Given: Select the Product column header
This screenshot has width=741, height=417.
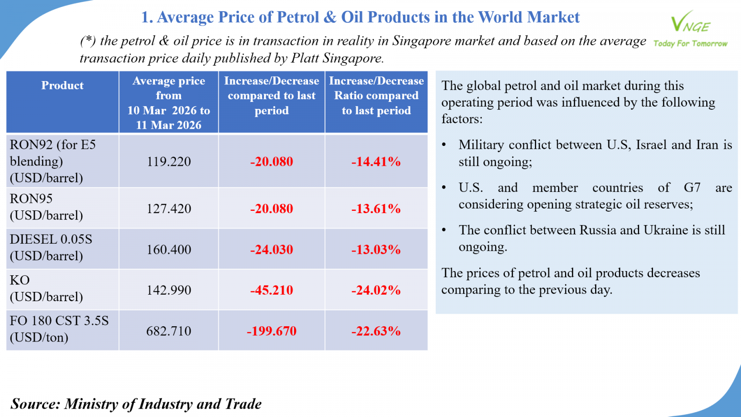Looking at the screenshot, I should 63,86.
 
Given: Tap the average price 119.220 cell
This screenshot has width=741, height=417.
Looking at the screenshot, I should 169,162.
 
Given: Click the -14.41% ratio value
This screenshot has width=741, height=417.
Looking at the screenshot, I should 376,162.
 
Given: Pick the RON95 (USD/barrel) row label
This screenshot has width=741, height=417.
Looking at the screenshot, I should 46,207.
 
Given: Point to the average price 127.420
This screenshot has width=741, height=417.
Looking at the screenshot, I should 169,209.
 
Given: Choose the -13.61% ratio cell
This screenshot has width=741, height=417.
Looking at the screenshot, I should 376,209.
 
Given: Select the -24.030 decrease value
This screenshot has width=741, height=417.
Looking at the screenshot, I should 271,250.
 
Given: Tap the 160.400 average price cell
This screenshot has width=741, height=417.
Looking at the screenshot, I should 169,250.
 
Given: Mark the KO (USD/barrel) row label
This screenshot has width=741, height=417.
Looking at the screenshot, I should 46,288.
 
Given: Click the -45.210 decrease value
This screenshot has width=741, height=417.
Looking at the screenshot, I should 271,291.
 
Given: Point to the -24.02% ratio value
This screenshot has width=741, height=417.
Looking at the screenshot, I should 376,291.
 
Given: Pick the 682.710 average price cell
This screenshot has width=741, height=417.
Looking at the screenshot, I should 169,331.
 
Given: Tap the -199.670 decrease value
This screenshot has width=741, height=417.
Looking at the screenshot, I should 271,331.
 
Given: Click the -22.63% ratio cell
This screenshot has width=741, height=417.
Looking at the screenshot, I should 376,331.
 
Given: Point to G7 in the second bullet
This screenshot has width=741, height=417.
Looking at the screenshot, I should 692,188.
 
